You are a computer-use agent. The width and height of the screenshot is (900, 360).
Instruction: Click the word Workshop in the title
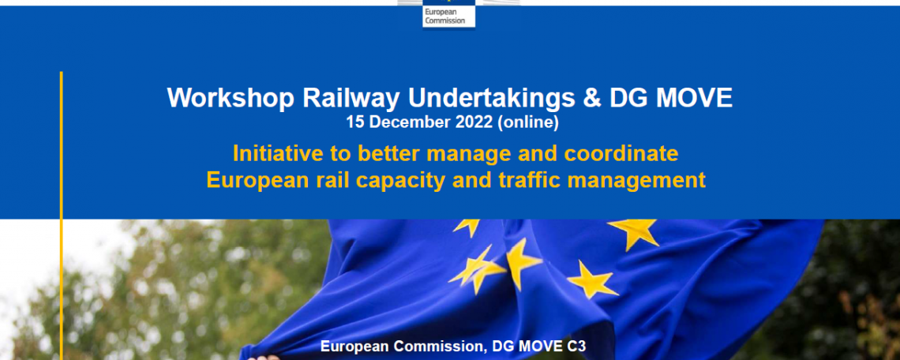pos(231,99)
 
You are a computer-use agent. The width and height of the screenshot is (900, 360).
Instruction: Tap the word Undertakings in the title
pos(491,99)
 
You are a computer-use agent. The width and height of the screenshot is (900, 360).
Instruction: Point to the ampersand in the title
pos(592,98)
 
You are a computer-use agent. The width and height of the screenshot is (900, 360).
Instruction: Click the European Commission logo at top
pos(449,13)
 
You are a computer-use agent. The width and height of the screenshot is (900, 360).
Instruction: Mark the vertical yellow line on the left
pos(61,216)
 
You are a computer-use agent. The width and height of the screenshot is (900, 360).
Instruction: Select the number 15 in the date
pos(354,122)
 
